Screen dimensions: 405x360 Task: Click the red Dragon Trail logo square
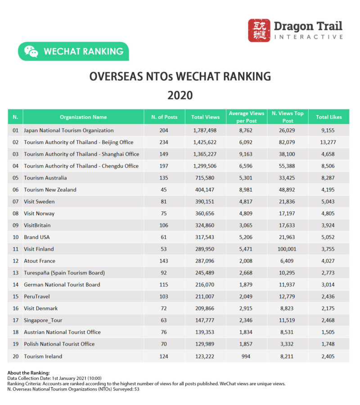[x=259, y=31]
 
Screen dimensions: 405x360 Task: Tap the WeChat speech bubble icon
[x=31, y=51]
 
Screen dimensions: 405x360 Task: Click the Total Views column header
[x=205, y=117]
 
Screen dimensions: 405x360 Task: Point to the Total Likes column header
[x=328, y=117]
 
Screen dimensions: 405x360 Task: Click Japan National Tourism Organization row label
[x=68, y=130]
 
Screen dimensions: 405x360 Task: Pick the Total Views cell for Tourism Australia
[x=205, y=178]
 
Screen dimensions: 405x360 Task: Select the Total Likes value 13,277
[x=328, y=142]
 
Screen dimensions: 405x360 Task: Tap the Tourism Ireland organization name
[x=43, y=356]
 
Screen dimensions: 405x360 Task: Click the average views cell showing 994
[x=247, y=356]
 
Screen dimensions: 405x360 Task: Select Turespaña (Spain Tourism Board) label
[x=64, y=273]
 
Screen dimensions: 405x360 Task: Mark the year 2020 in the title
[x=180, y=95]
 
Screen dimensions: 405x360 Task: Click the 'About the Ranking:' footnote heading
[x=29, y=373]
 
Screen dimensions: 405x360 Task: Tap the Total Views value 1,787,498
[x=205, y=130]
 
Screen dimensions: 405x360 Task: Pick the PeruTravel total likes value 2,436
[x=328, y=297]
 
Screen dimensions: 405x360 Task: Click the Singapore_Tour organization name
[x=43, y=320]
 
